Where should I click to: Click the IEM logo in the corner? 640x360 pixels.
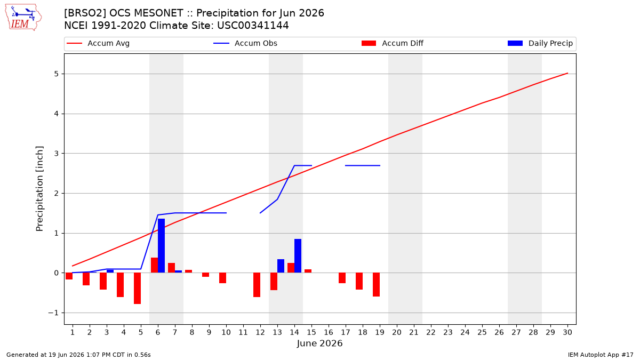23,18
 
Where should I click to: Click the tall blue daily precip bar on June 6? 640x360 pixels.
161,246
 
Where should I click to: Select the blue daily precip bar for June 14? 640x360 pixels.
298,255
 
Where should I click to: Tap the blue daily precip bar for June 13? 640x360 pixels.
281,266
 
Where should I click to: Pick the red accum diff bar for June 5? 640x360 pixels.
137,289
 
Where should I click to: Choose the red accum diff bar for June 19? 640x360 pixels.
377,285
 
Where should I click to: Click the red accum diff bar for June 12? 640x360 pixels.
257,285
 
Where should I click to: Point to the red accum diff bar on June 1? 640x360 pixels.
69,276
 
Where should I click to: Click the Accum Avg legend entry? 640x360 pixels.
98,43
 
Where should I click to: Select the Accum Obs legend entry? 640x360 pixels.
245,43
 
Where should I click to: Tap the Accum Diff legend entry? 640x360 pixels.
393,43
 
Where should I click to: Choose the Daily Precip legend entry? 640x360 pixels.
540,43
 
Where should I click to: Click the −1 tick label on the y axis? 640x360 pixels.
53,313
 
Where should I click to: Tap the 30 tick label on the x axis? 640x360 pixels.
567,332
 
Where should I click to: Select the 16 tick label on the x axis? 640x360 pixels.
329,332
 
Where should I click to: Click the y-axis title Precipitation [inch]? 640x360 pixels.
39,189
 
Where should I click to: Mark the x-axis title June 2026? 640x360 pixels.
319,343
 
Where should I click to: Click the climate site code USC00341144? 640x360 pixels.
253,26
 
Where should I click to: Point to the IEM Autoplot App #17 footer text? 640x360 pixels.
601,355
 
